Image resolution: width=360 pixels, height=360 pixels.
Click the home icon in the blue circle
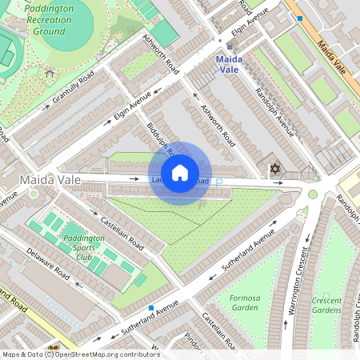pos(180,172)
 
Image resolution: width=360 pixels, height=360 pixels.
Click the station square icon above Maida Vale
pos(230,47)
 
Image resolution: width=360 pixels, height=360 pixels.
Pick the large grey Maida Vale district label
pos(51,179)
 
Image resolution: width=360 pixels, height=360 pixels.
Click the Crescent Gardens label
pos(326,306)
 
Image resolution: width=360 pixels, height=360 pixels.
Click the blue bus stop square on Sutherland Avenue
pos(151,308)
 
